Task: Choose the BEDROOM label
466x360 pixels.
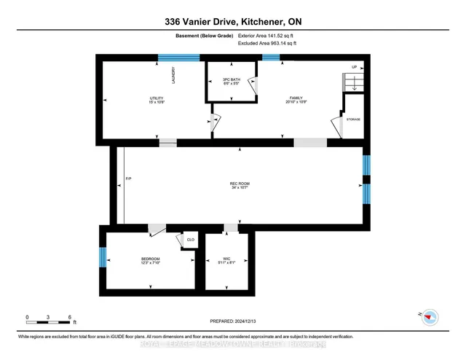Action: pyautogui.click(x=151, y=259)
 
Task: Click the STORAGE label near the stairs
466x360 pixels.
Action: pyautogui.click(x=353, y=119)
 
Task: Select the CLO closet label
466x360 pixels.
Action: pyautogui.click(x=190, y=239)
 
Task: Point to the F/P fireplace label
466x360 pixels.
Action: pyautogui.click(x=128, y=179)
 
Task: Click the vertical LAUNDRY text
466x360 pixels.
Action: pyautogui.click(x=174, y=76)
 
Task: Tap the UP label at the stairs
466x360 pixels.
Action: pyautogui.click(x=354, y=66)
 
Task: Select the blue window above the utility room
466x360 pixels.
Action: pyautogui.click(x=179, y=58)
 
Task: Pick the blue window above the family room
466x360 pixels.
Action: pyautogui.click(x=271, y=58)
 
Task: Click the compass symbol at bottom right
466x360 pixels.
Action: pyautogui.click(x=431, y=316)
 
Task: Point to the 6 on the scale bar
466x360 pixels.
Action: pyautogui.click(x=69, y=318)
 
